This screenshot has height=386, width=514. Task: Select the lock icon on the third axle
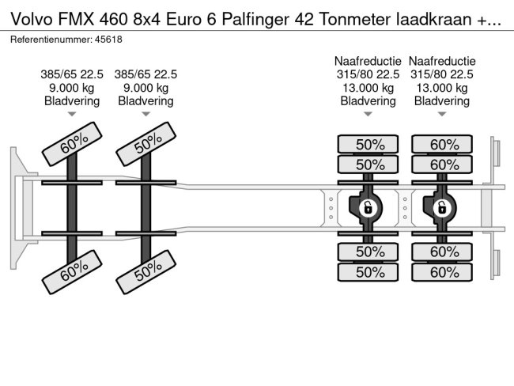367,208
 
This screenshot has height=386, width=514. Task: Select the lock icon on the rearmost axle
441,208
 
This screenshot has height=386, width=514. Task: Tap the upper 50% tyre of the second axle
146,145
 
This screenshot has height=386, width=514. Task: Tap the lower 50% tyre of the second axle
146,271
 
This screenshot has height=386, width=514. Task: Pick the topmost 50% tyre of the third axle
368,144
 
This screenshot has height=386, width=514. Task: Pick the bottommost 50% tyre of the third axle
368,272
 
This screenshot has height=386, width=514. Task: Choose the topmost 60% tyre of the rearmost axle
442,144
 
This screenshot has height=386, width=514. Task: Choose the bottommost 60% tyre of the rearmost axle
442,272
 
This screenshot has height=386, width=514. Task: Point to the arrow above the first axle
72,115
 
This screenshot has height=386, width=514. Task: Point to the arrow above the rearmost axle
441,115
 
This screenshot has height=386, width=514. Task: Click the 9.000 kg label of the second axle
146,88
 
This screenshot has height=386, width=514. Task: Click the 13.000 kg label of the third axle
368,88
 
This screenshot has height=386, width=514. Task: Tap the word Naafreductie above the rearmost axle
442,61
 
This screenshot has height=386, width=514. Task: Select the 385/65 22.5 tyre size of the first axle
72,74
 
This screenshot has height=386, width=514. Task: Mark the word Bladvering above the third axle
368,101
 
